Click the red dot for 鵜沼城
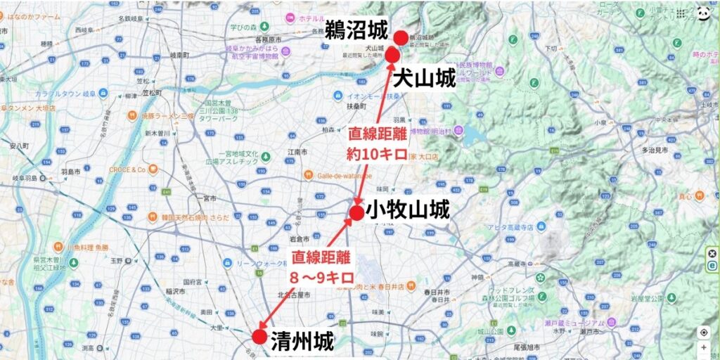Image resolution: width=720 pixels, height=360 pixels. [x=400, y=38]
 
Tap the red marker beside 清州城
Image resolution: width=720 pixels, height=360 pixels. [x=259, y=337]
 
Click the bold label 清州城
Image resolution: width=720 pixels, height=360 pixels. [x=302, y=340]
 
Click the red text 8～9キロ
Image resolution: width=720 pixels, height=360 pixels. [x=321, y=276]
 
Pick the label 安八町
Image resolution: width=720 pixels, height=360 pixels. [x=19, y=146]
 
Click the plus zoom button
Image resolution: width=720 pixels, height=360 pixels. [x=703, y=347]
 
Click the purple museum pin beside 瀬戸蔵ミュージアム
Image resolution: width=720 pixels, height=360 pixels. [x=612, y=323]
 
